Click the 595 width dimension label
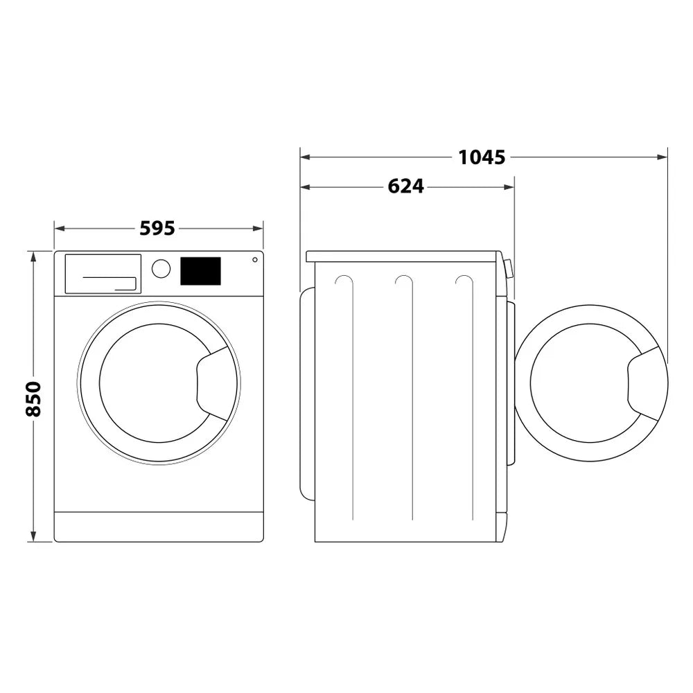157,228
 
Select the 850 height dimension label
33,398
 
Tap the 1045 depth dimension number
482,157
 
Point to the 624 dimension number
405,186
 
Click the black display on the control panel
200,271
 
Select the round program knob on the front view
161,269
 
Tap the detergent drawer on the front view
103,274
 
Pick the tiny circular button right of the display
254,260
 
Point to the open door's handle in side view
646,383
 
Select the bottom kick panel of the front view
159,527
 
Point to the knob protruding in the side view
509,268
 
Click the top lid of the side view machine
402,256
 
